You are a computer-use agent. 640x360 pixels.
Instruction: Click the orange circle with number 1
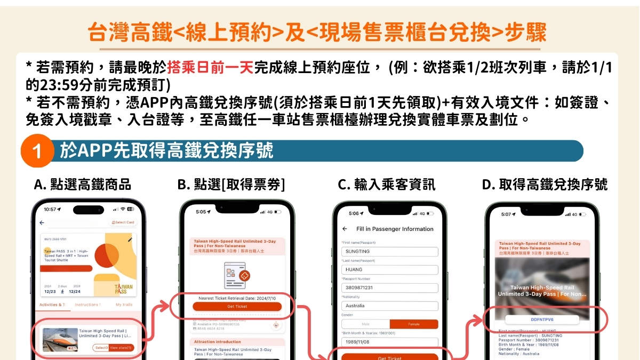coord(37,151)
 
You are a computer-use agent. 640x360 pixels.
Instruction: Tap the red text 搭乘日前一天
coord(210,68)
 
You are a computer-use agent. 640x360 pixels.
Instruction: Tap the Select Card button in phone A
coord(123,222)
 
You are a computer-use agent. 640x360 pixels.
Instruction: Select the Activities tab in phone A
coord(52,305)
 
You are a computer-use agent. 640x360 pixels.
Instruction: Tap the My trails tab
coord(123,305)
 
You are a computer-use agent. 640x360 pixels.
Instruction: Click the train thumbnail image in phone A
coord(60,339)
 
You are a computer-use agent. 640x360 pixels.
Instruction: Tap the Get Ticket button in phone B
coord(236,306)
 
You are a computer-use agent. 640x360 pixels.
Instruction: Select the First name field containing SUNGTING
coord(389,252)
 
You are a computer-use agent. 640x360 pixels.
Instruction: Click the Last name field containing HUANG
coord(389,270)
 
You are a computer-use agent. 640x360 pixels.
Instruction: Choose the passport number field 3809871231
coord(389,288)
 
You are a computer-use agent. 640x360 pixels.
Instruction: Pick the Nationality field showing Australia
coord(389,306)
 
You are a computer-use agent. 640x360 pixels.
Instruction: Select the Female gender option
coord(413,324)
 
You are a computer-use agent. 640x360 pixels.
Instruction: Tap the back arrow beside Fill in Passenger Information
coord(345,229)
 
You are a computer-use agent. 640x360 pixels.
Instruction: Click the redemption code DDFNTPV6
coord(543,320)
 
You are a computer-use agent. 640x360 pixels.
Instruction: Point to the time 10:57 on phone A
coord(51,209)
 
